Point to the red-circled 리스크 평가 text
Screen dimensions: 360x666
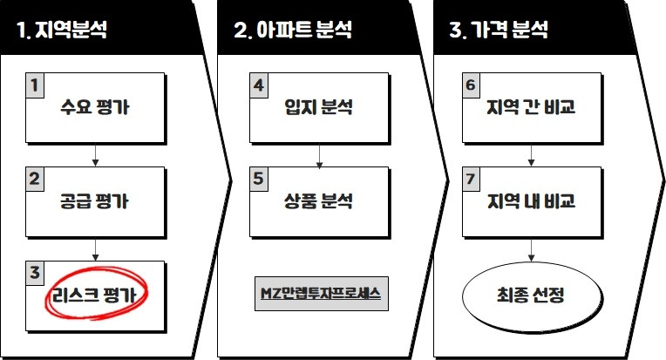point(99,295)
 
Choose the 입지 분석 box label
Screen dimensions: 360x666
point(318,109)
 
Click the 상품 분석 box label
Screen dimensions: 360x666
point(318,202)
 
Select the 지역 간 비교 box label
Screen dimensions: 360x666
point(531,109)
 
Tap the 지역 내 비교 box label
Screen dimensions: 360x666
point(531,202)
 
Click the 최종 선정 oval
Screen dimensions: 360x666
point(531,296)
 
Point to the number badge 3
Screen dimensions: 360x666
point(35,272)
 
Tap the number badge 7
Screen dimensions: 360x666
point(472,179)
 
